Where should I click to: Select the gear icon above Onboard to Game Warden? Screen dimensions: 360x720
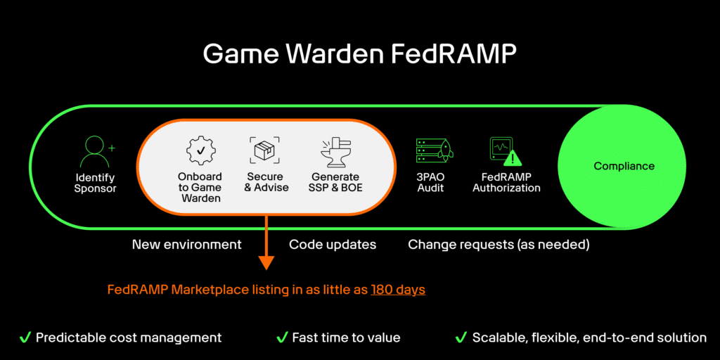(x=200, y=151)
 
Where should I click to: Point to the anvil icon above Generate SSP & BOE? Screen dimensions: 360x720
(x=335, y=150)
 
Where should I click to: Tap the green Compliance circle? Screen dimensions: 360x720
(x=624, y=167)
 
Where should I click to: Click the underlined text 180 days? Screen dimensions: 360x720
(x=398, y=290)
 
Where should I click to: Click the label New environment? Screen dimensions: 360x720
(x=186, y=245)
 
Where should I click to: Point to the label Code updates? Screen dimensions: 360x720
(x=333, y=245)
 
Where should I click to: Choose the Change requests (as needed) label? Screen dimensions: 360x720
(x=499, y=245)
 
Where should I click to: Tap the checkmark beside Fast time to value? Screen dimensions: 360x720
(x=282, y=337)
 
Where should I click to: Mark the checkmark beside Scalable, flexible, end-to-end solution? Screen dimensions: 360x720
(x=461, y=337)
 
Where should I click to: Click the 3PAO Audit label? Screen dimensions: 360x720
(x=430, y=182)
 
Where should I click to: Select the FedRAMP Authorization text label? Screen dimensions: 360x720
(x=506, y=182)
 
